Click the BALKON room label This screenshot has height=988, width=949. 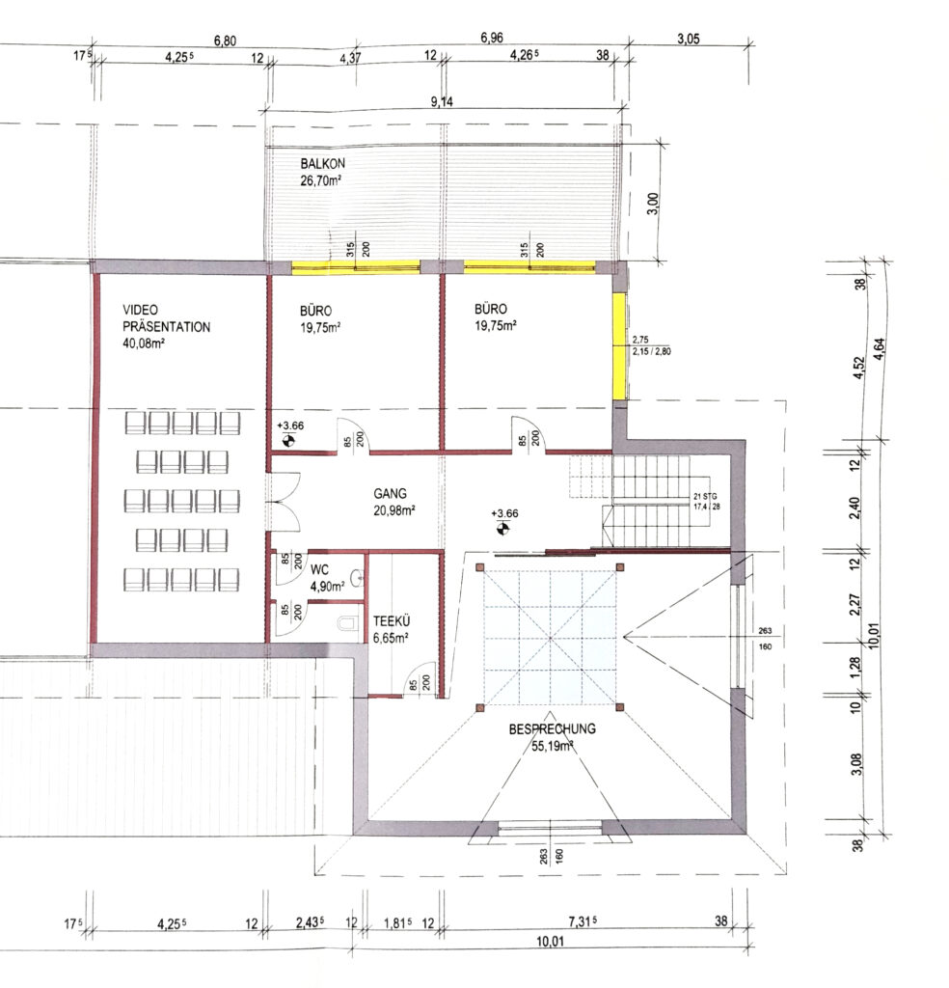pyautogui.click(x=322, y=163)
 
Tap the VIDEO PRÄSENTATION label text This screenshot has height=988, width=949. pyautogui.click(x=166, y=318)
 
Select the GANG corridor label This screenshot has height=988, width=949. pyautogui.click(x=390, y=493)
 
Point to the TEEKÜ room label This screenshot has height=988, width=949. pyautogui.click(x=391, y=620)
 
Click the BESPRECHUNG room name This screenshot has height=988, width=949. pyautogui.click(x=553, y=728)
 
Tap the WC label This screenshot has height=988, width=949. pyautogui.click(x=319, y=569)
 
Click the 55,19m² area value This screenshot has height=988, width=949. pyautogui.click(x=553, y=746)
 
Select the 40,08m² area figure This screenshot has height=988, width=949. pyautogui.click(x=144, y=343)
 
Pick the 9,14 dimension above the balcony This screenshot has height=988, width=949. pyautogui.click(x=442, y=101)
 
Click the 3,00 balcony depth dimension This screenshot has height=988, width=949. pyautogui.click(x=653, y=204)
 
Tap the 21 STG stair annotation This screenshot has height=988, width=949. pyautogui.click(x=705, y=497)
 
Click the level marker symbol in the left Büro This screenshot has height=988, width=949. pyautogui.click(x=288, y=440)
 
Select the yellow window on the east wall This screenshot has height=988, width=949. pyautogui.click(x=620, y=346)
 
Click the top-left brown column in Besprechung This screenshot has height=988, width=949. pyautogui.click(x=480, y=567)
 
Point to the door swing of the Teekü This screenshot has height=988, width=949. pyautogui.click(x=420, y=679)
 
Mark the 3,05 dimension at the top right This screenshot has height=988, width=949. pyautogui.click(x=689, y=39)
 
